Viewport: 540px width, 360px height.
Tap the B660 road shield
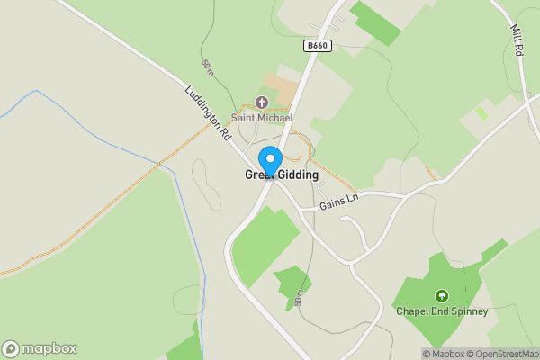click(x=318, y=45)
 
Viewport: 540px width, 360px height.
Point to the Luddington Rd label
click(x=208, y=113)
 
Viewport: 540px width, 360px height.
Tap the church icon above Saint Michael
click(x=262, y=103)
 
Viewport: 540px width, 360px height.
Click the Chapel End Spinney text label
click(x=442, y=311)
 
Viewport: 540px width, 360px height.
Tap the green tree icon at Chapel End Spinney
click(x=441, y=295)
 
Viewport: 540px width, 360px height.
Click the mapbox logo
click(x=39, y=348)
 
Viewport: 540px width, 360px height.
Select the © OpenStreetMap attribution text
click(x=501, y=354)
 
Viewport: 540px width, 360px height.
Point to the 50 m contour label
click(x=208, y=67)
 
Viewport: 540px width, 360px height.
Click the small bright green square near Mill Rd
click(x=482, y=113)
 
